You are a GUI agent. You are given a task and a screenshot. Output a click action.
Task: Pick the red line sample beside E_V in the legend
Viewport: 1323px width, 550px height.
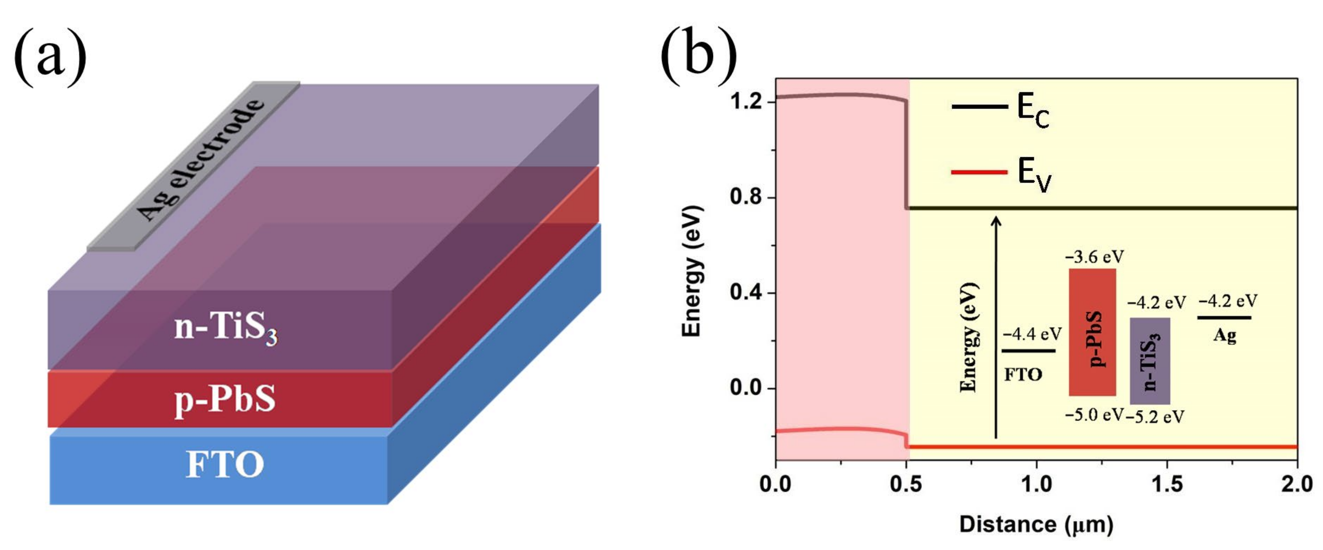pyautogui.click(x=979, y=172)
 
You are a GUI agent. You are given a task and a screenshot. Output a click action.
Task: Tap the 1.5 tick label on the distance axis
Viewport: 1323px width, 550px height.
pyautogui.click(x=1167, y=485)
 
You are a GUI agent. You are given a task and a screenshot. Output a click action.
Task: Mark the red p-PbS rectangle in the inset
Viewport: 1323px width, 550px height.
pyautogui.click(x=1093, y=332)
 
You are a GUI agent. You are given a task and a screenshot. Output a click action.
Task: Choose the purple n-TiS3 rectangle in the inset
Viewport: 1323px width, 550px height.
pyautogui.click(x=1149, y=361)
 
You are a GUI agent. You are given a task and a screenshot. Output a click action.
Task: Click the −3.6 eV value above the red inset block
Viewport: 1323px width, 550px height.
pyautogui.click(x=1094, y=256)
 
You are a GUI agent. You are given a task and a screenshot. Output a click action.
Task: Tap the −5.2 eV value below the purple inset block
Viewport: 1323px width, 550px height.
pyautogui.click(x=1155, y=416)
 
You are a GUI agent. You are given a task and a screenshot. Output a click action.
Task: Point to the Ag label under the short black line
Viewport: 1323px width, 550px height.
pyautogui.click(x=1225, y=336)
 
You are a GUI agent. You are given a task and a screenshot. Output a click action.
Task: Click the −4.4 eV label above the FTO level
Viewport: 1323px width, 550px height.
pyautogui.click(x=1032, y=334)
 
